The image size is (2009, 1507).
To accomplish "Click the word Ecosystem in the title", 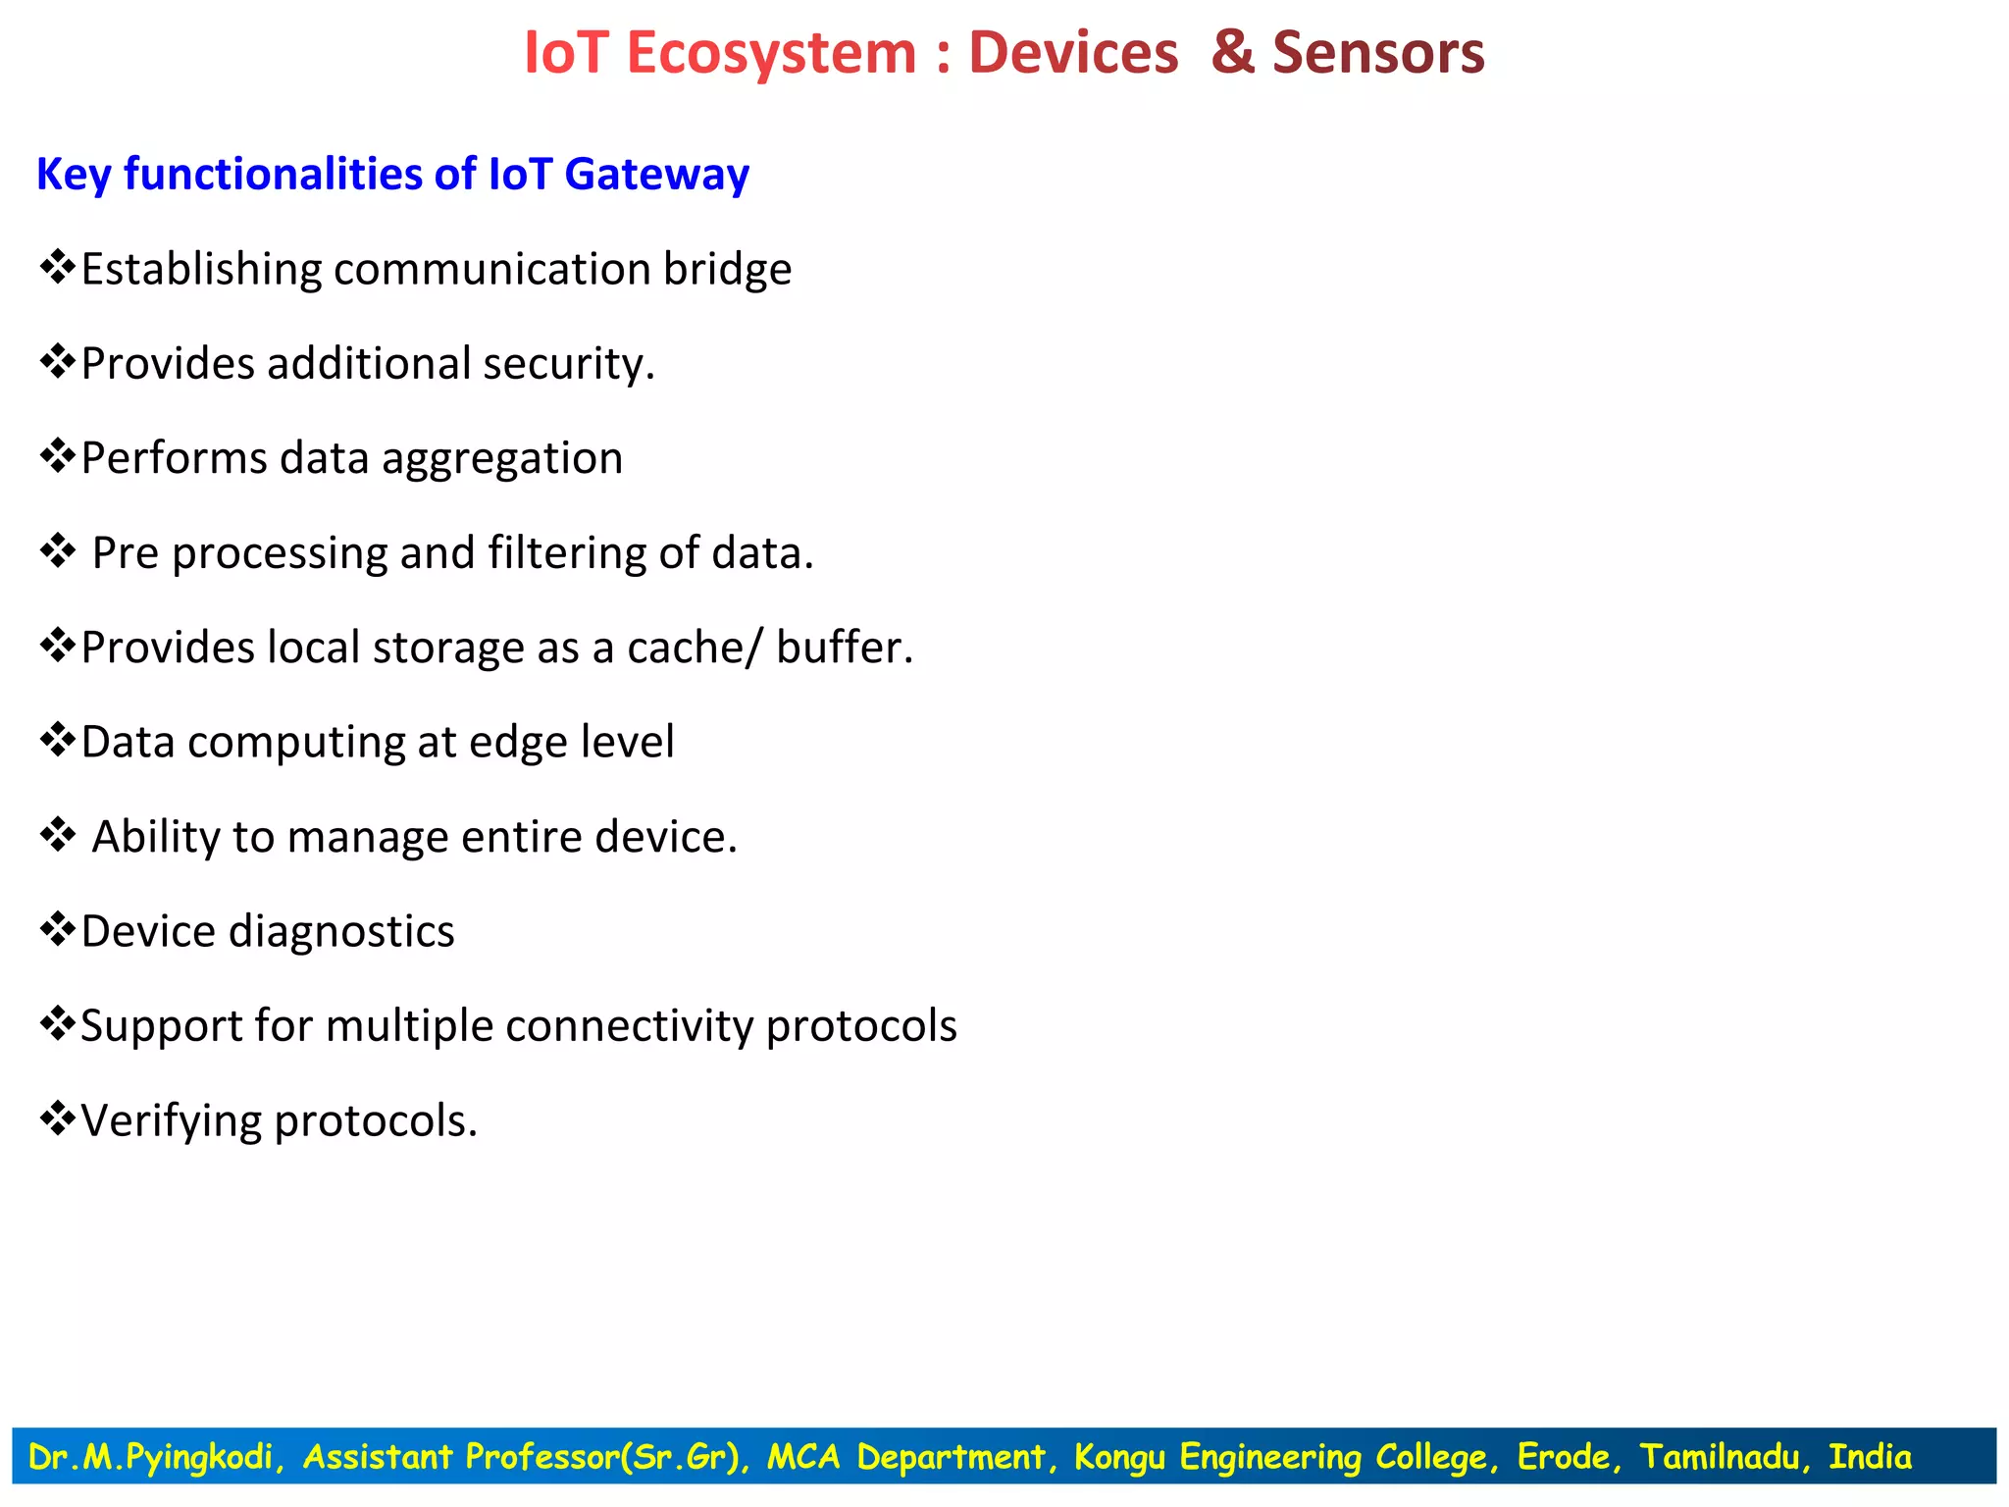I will [x=771, y=53].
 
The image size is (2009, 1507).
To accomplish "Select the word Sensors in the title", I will [x=1378, y=53].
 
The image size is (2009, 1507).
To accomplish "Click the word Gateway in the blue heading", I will [x=656, y=175].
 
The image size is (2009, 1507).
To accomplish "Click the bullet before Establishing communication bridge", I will [x=58, y=267].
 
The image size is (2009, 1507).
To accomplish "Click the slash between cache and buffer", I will [x=753, y=648].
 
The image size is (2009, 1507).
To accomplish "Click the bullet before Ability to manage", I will [x=58, y=835].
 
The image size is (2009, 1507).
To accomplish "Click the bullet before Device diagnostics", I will [x=58, y=929].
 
